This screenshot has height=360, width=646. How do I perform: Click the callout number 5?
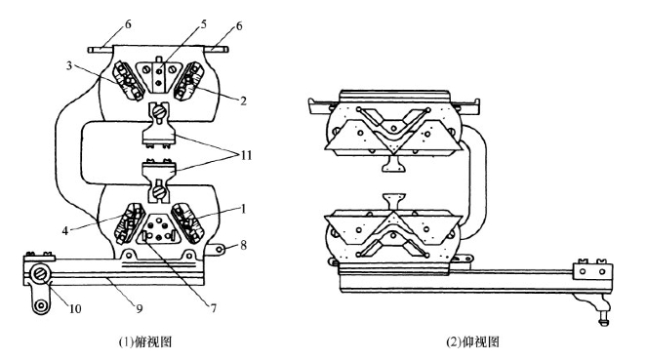204,23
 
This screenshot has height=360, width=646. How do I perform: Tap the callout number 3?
69,65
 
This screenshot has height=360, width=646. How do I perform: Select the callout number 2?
243,100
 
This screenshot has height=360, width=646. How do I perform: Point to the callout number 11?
246,155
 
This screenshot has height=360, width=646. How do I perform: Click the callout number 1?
243,209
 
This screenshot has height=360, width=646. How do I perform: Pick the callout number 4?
65,230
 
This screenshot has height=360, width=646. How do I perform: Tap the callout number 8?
243,246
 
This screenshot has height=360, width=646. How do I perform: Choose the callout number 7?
214,307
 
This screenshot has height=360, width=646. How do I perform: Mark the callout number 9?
140,308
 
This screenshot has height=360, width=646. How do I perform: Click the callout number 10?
74,308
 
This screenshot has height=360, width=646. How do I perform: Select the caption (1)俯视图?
145,341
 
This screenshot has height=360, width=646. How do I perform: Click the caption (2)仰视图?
472,341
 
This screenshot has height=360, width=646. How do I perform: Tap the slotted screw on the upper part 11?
159,111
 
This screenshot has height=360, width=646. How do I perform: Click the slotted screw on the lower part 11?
159,191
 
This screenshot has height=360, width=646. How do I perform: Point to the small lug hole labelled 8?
219,249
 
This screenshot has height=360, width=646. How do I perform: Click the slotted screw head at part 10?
40,273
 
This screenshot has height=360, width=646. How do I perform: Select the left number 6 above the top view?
128,24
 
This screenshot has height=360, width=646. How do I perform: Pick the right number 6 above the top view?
239,26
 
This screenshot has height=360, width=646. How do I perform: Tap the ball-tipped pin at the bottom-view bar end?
604,318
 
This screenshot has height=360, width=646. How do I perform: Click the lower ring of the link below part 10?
40,305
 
